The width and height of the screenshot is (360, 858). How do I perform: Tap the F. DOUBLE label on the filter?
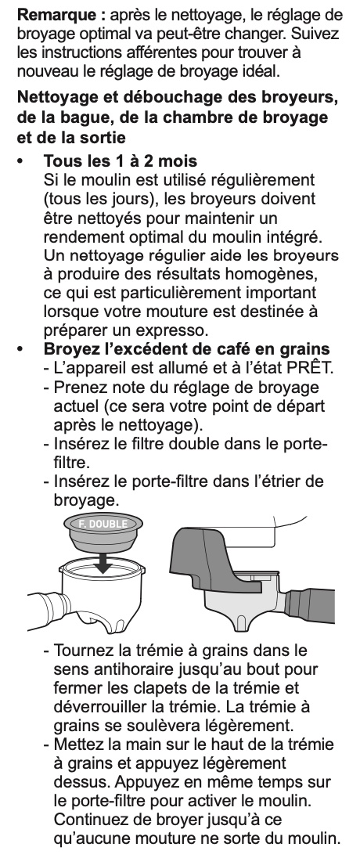[x=103, y=525]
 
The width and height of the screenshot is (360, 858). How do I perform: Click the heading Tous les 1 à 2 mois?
[x=121, y=161]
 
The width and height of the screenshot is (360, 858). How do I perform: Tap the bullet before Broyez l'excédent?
[x=21, y=349]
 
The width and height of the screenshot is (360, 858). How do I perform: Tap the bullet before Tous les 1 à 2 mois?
[x=21, y=161]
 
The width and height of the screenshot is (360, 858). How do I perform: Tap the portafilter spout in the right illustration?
[x=242, y=622]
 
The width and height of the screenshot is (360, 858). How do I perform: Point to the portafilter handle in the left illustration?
[x=47, y=609]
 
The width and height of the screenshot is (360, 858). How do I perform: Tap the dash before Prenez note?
[x=47, y=388]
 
